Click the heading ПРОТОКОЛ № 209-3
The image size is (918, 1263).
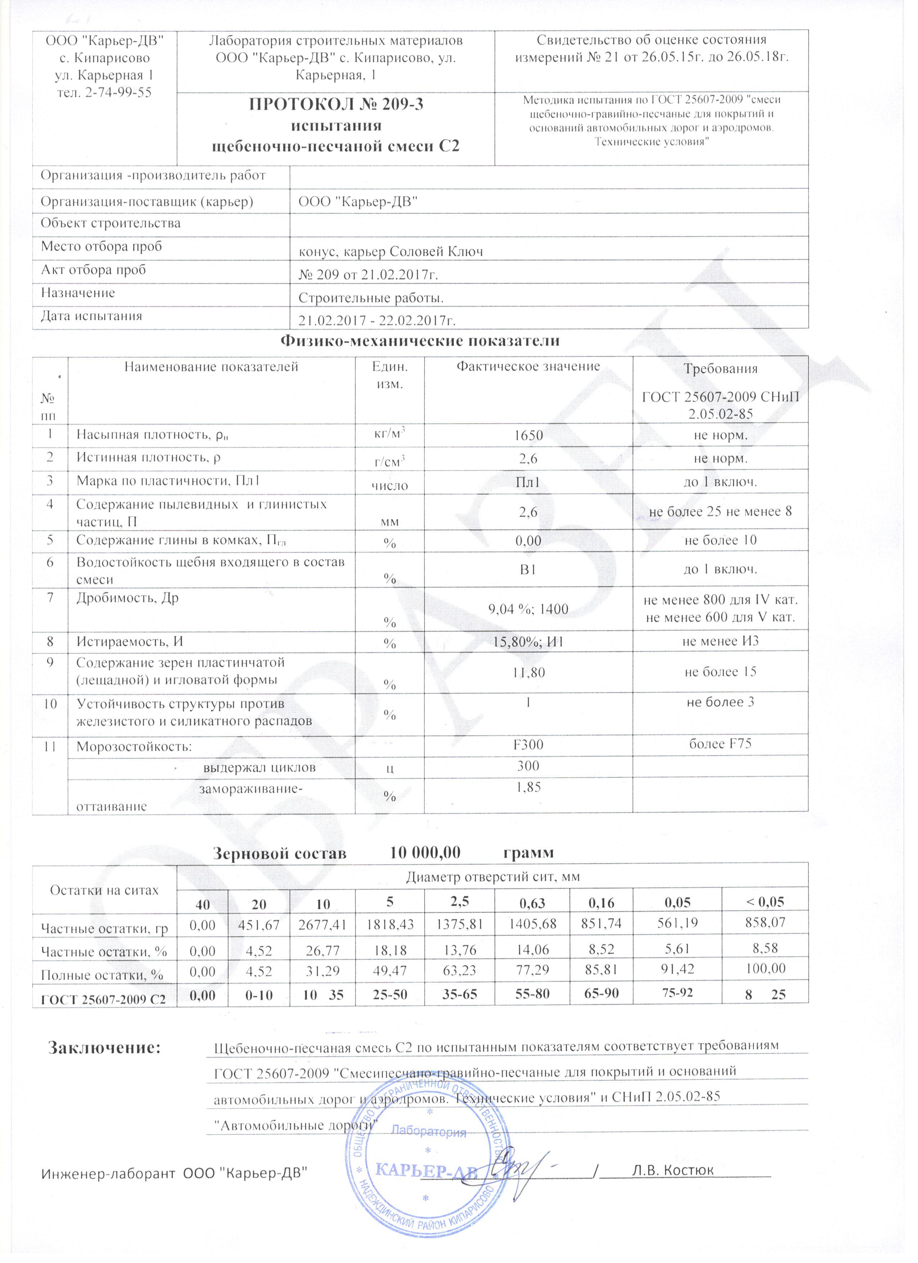pos(336,104)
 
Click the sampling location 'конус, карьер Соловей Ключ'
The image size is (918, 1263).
pos(391,252)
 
